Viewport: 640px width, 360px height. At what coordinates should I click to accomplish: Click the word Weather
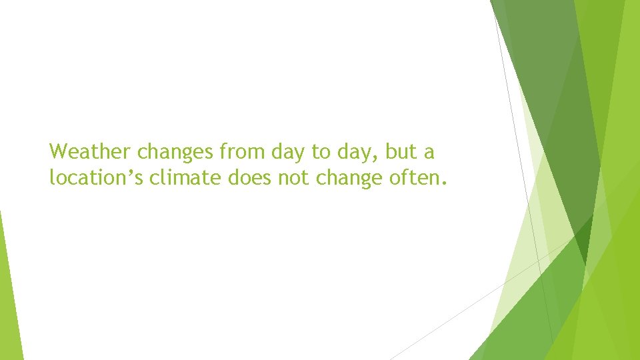click(x=91, y=152)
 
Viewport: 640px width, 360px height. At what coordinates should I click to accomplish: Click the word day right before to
click(x=288, y=153)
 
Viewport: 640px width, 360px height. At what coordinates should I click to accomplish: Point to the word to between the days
click(x=321, y=152)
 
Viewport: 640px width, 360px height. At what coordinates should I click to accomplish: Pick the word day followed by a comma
click(x=353, y=153)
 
